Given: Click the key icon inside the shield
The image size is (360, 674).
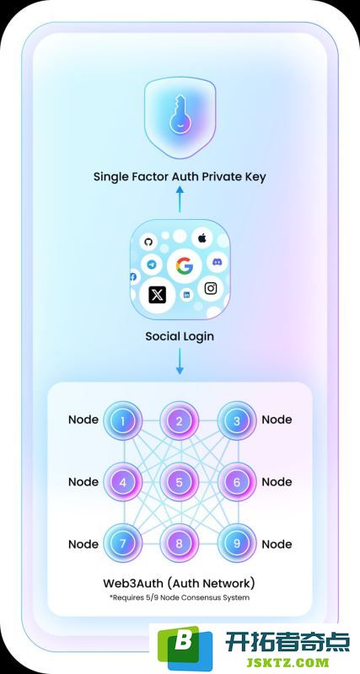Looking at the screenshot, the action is [x=180, y=113].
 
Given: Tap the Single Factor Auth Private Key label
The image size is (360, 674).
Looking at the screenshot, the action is [x=180, y=176].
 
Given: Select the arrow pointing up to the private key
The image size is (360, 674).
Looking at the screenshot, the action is [x=180, y=198].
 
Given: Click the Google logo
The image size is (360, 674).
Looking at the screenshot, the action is [x=184, y=266].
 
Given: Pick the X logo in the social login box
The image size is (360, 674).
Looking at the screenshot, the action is [x=157, y=296].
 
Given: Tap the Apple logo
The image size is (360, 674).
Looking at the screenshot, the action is [x=201, y=238].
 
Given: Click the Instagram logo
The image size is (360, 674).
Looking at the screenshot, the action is [x=210, y=288].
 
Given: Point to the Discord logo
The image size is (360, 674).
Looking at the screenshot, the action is [x=217, y=261].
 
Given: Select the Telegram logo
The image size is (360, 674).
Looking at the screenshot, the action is [x=152, y=265].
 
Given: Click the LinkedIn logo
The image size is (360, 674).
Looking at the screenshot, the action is [x=186, y=295].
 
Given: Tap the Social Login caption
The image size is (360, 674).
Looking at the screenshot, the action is [x=180, y=336].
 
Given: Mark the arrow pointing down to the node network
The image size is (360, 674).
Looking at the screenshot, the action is [x=180, y=361].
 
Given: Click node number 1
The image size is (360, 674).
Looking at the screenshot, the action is [x=122, y=420].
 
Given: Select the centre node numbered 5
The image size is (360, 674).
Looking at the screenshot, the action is [x=180, y=482].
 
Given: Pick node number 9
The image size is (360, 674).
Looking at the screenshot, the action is [x=237, y=543].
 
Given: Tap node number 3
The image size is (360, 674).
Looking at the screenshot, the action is [x=237, y=420].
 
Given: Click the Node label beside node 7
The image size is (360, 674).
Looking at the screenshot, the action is [x=83, y=544].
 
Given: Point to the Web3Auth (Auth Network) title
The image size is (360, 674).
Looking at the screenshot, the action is [x=180, y=583].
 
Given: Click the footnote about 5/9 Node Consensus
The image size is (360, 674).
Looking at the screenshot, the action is [x=180, y=597].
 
